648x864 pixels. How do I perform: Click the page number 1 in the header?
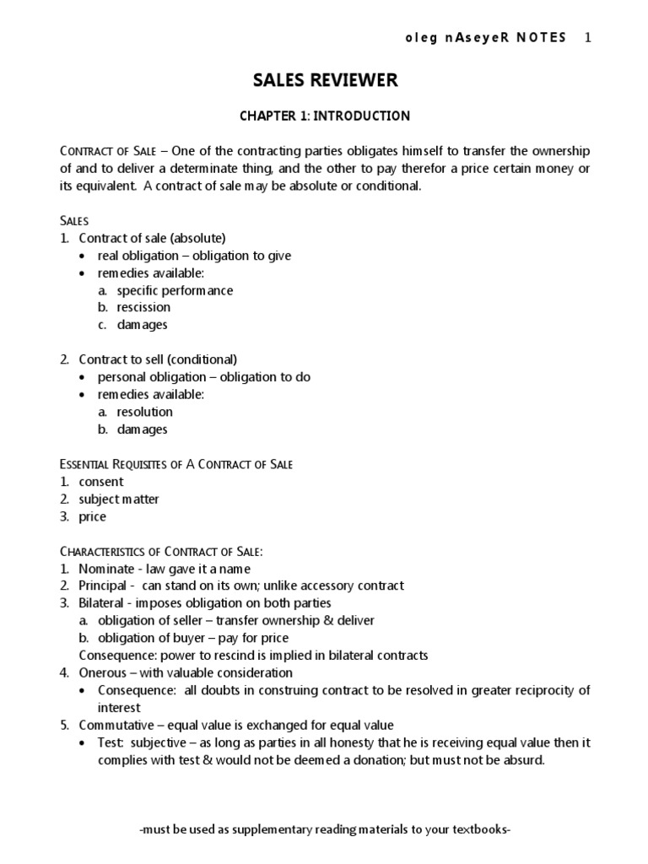588,38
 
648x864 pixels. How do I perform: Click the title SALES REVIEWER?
325,81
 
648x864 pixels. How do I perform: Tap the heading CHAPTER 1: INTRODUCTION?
325,116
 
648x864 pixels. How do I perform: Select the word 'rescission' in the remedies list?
143,307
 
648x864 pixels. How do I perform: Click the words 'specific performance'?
175,290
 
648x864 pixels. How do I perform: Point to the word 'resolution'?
145,412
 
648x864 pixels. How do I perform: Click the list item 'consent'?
101,482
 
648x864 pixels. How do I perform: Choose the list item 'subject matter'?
119,499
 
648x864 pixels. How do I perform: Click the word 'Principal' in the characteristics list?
103,586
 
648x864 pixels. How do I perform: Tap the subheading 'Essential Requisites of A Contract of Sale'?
176,464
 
